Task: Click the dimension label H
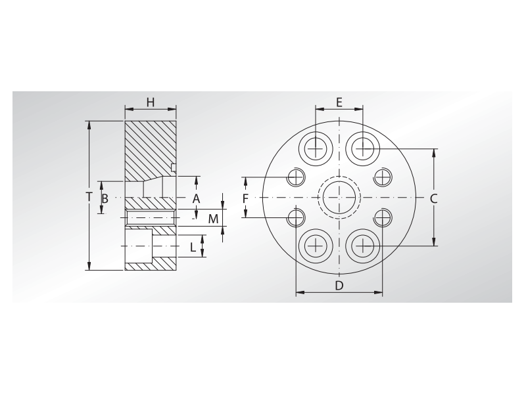(150, 102)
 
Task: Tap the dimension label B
(105, 198)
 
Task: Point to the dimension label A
(195, 198)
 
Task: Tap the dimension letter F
(245, 198)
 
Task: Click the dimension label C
(433, 198)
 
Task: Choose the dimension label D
(339, 285)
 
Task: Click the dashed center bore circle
(339, 198)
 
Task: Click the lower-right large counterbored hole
(362, 246)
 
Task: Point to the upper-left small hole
(296, 177)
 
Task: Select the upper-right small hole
(383, 177)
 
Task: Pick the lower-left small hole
(296, 217)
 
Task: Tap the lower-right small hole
(383, 217)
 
